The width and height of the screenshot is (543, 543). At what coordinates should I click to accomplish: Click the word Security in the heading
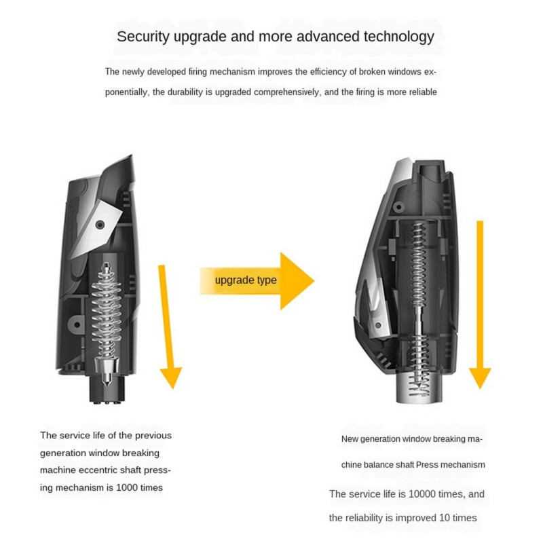pyautogui.click(x=143, y=37)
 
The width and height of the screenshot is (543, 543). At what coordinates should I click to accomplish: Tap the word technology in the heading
pyautogui.click(x=398, y=37)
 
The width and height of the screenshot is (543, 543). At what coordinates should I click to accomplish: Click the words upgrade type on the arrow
pyautogui.click(x=246, y=280)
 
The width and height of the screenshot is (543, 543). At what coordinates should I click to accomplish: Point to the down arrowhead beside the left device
pyautogui.click(x=171, y=377)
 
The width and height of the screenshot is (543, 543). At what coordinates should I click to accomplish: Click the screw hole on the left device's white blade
pyautogui.click(x=100, y=225)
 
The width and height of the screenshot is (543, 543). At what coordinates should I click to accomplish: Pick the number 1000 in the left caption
pyautogui.click(x=126, y=487)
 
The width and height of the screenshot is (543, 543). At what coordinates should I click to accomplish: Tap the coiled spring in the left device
pyautogui.click(x=107, y=312)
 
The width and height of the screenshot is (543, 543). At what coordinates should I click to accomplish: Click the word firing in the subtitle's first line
pyautogui.click(x=198, y=72)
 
